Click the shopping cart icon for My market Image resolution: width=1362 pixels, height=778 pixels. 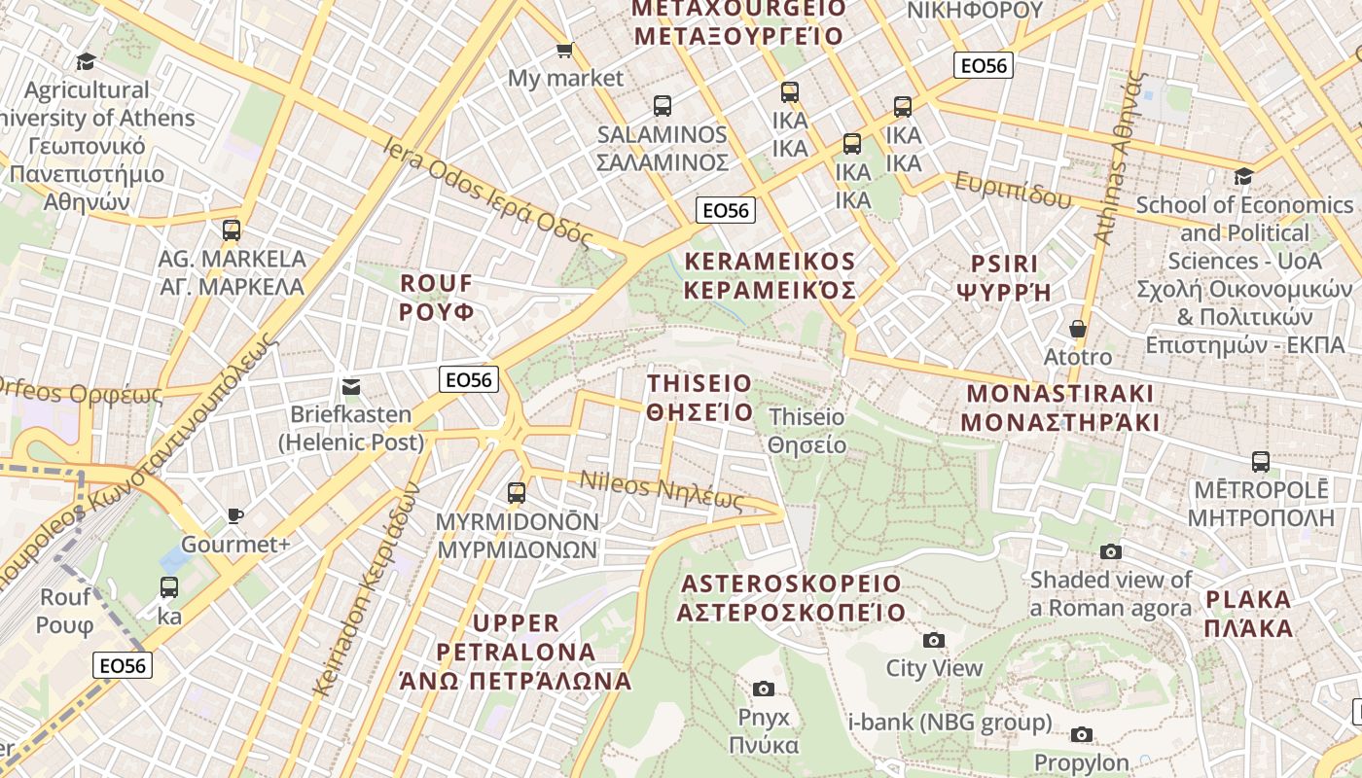pos(564,50)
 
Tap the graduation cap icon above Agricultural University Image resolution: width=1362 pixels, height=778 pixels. pos(87,61)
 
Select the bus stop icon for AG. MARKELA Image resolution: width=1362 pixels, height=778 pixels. pos(232,230)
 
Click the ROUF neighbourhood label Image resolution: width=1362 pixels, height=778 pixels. pos(437,298)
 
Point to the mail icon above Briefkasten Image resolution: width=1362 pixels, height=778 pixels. pos(351,386)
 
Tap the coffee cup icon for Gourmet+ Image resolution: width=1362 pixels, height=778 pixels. pos(234,515)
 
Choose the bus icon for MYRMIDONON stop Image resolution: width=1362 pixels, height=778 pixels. pos(517,493)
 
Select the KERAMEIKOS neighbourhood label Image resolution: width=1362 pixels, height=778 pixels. pos(770,275)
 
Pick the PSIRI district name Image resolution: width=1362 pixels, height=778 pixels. pos(1004,277)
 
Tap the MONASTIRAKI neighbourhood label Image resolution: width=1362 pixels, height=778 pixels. pos(1059,408)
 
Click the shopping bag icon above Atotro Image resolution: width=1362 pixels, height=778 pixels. pos(1078,329)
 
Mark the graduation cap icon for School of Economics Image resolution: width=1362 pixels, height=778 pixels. pos(1243,177)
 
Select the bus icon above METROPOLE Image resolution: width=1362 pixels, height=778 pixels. pos(1261,461)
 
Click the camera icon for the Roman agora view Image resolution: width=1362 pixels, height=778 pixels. pos(1111,551)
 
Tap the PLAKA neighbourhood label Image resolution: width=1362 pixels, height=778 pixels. pos(1248,613)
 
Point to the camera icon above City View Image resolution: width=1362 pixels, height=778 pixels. pos(934,640)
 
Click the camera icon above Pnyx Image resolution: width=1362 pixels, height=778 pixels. pos(764,689)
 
